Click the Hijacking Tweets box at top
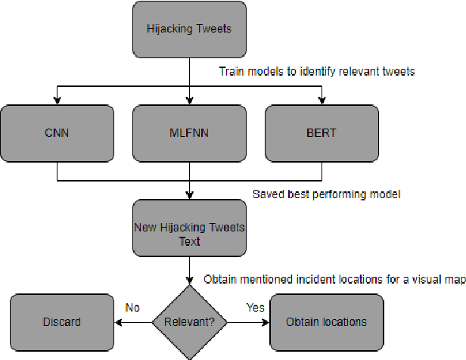tap(190, 30)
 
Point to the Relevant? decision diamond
tap(190, 321)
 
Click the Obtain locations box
tap(326, 321)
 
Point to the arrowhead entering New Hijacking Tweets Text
tap(190, 196)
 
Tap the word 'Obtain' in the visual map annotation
tap(221, 279)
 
